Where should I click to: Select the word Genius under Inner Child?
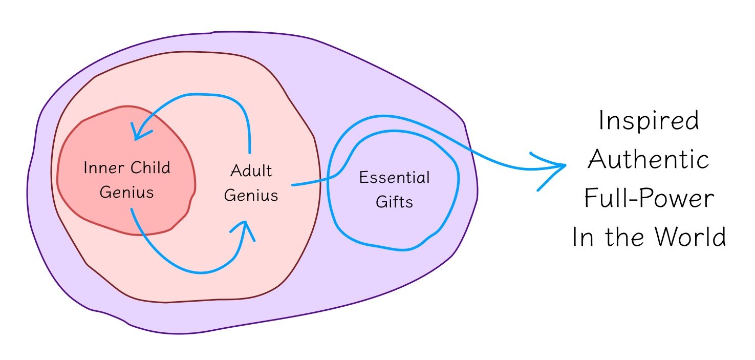coord(126,193)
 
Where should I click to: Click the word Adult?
coord(250,171)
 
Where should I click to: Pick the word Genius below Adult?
coord(251,195)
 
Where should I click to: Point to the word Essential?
coord(394,178)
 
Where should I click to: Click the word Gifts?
coord(394,202)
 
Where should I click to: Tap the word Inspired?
coord(649,122)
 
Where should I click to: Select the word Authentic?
coord(649,160)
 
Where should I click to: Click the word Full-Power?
coord(649,198)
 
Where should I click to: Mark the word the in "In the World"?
coord(620,238)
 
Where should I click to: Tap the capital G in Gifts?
coord(381,202)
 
